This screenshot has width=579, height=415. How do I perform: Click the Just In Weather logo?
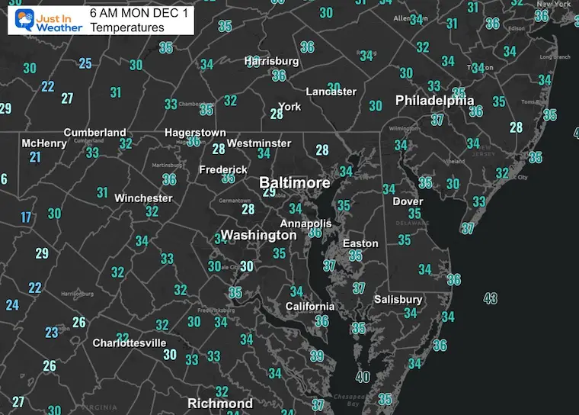coord(43,19)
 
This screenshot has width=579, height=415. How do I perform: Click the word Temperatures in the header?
coord(126,28)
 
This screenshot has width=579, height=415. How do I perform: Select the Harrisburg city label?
coord(272,60)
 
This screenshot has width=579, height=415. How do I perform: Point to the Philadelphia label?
coord(434,101)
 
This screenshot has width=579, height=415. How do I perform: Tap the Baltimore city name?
coord(295,183)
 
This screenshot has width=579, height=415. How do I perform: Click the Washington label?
coord(258,235)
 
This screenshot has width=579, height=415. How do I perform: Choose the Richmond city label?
coord(220,403)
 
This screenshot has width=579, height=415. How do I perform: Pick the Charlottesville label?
coord(130,343)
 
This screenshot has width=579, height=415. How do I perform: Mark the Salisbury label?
coord(398,300)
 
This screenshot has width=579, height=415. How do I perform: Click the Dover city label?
coord(408,201)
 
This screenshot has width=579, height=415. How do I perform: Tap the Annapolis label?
coord(306,224)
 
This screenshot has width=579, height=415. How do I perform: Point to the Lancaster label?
coord(331,92)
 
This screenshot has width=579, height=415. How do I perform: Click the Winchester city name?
coord(143,198)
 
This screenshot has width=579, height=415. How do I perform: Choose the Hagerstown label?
coord(195,133)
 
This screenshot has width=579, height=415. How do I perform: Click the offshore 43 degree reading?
coord(490,298)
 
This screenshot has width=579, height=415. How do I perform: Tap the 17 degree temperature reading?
coord(26,217)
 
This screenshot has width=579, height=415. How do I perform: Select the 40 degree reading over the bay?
coord(363,376)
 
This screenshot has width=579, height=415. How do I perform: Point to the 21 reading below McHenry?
coord(35,157)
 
